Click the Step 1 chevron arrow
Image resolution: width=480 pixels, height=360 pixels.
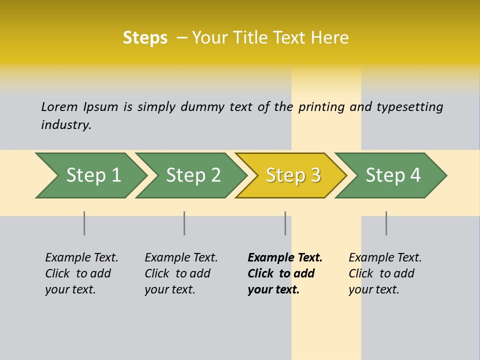[92, 175]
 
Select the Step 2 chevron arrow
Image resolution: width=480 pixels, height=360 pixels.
[192, 175]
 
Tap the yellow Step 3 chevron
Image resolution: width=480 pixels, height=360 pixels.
[292, 175]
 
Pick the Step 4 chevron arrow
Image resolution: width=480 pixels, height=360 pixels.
[392, 175]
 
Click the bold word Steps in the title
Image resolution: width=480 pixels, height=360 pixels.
[145, 38]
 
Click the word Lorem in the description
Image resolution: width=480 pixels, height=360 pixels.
[59, 106]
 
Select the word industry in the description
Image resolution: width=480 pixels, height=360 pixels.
[66, 125]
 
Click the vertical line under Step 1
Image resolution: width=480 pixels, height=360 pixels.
[84, 223]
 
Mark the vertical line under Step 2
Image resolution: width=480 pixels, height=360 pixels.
[184, 223]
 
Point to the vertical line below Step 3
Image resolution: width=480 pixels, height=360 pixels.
[285, 223]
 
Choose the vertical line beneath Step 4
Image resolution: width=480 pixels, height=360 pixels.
[386, 223]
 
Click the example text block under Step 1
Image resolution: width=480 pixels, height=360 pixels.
[81, 273]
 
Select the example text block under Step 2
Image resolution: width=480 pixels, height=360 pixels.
[181, 273]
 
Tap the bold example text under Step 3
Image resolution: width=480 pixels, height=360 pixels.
[284, 273]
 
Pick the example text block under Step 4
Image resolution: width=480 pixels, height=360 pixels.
[384, 273]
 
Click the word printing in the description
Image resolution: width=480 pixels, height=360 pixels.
[321, 107]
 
